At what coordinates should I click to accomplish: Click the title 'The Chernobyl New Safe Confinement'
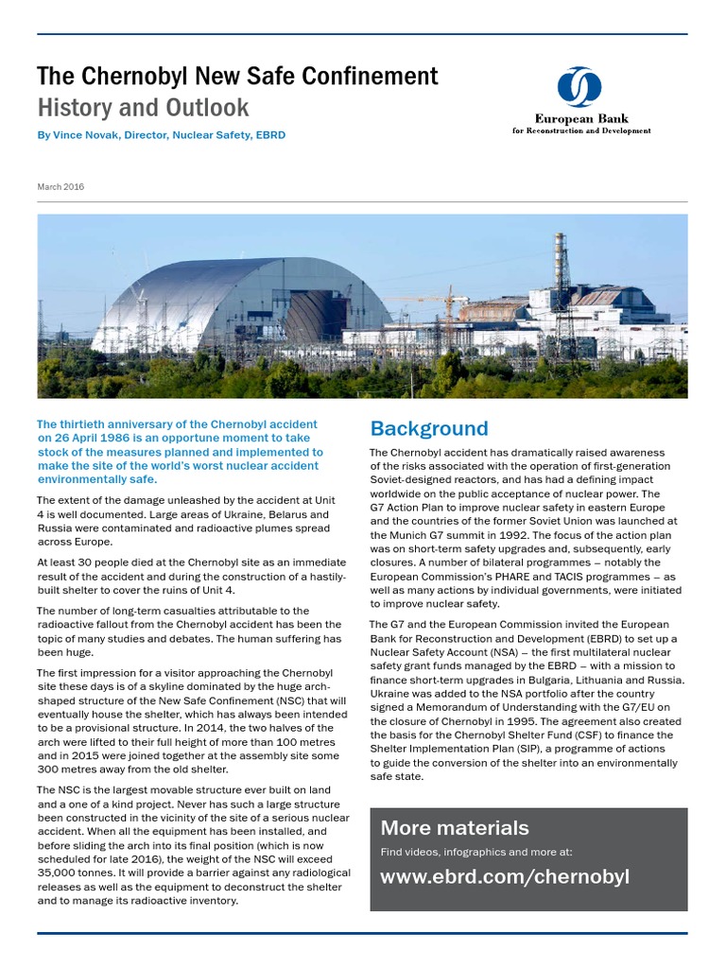pos(237,76)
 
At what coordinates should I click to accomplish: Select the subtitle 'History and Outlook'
pos(143,107)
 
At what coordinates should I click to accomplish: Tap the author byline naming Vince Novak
pos(161,135)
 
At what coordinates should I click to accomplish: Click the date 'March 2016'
pos(60,187)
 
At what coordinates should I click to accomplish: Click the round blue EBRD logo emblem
pos(579,88)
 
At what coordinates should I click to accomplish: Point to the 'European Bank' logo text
pos(580,119)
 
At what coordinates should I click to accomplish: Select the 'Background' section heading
pos(429,428)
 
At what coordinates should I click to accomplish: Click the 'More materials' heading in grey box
pos(454,828)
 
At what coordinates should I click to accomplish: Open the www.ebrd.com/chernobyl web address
pos(504,876)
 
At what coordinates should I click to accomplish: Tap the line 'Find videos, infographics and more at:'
pos(475,852)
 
